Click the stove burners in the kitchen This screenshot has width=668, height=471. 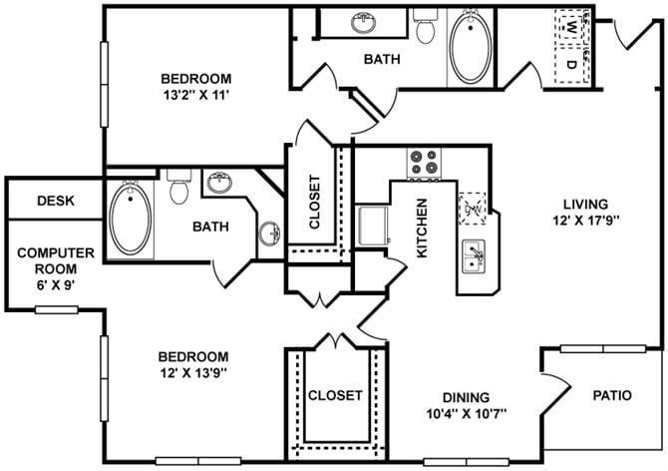pos(424,163)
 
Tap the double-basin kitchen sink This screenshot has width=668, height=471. pos(474,256)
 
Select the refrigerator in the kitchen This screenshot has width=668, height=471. pos(372,226)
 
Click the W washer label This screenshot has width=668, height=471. pos(570,29)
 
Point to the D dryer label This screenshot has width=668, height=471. pos(570,65)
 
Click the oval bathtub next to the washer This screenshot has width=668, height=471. pos(467,47)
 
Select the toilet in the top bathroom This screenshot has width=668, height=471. pos(427,27)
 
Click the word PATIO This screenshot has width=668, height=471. pos(611,395)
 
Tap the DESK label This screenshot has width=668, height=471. pos(56,201)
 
